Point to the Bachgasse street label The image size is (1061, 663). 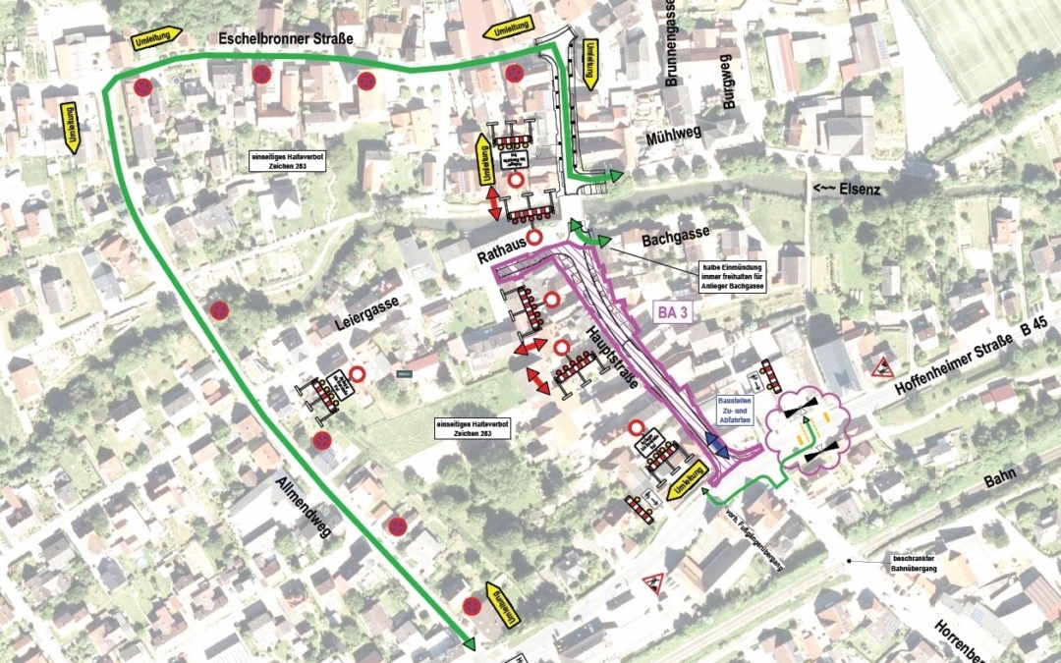point(649,240)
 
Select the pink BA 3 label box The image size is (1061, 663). point(673,314)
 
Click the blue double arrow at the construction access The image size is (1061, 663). point(714,443)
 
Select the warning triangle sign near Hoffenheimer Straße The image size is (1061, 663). point(880,367)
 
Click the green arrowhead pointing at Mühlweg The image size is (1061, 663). point(614,177)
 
